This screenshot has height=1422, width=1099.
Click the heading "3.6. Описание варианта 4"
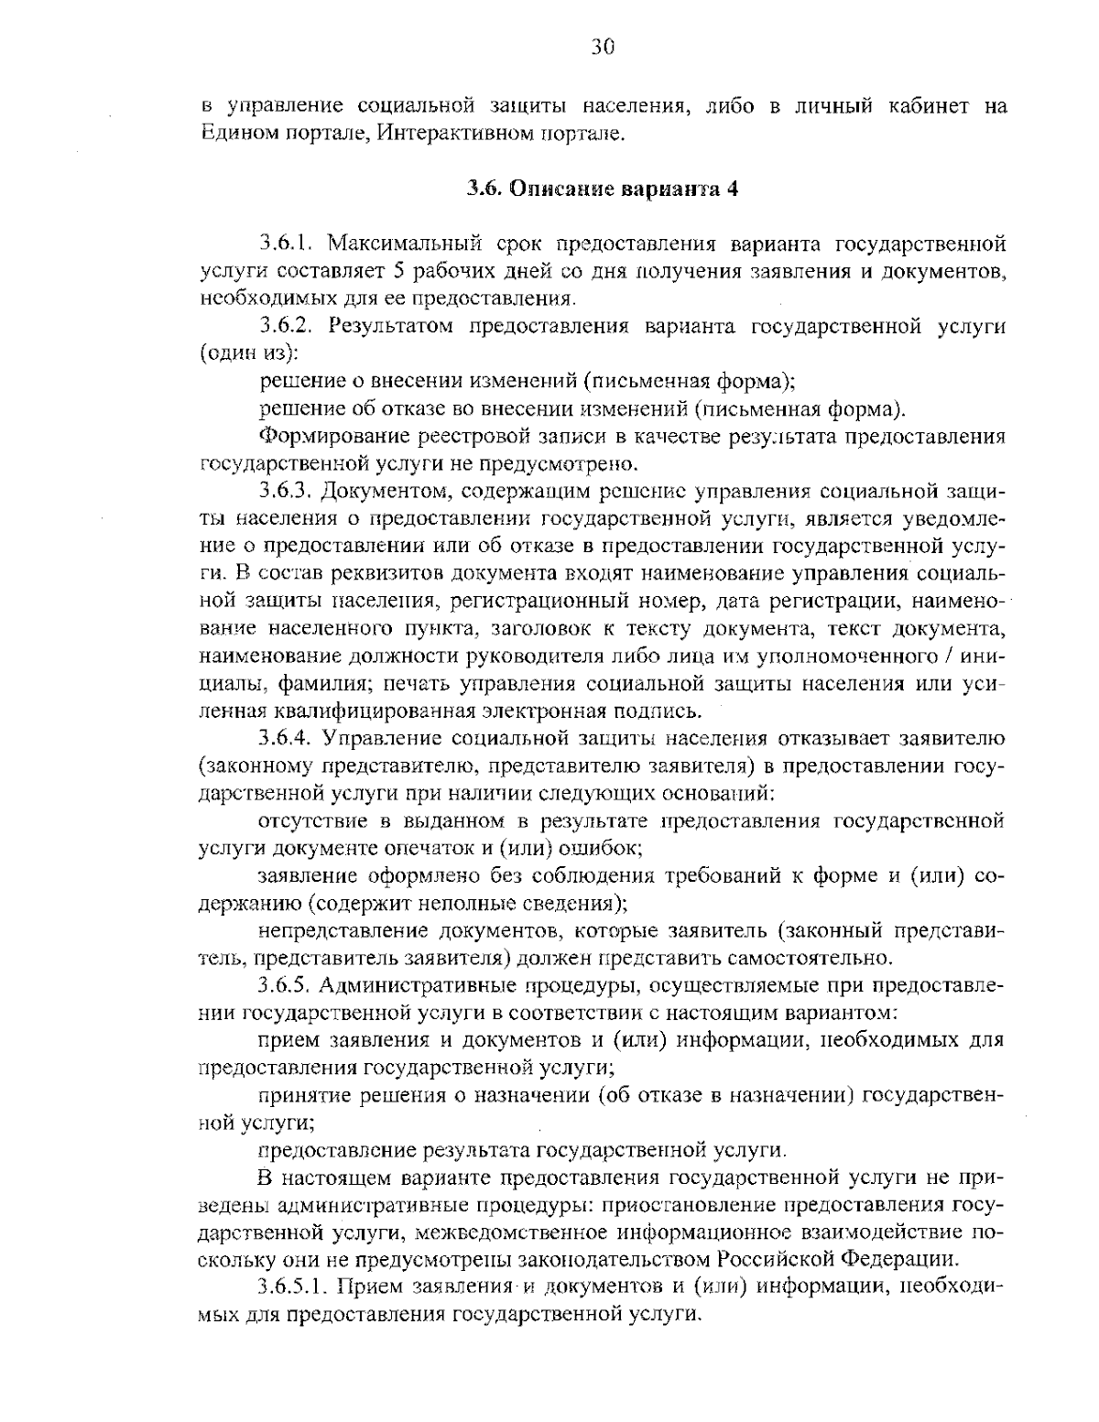[602, 190]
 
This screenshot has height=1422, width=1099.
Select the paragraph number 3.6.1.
[288, 244]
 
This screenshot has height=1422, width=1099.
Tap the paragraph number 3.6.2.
[288, 326]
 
